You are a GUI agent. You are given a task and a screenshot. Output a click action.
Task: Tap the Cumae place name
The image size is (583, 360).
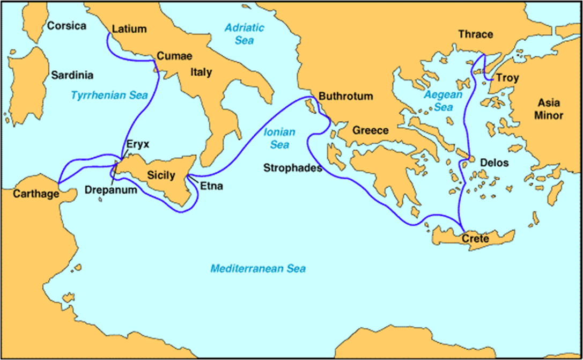[x=174, y=56]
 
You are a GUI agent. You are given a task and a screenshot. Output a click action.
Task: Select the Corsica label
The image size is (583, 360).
[x=67, y=26]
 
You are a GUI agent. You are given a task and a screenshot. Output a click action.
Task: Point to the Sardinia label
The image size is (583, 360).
[x=72, y=75]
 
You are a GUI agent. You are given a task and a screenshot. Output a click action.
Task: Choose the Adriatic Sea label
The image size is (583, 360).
[x=239, y=33]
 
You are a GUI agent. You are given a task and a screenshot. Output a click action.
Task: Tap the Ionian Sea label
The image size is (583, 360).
[x=276, y=138]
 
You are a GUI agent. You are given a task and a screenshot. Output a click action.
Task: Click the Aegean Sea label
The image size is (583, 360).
[x=438, y=101]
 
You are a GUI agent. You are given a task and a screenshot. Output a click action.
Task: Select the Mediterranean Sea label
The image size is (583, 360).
[x=257, y=268]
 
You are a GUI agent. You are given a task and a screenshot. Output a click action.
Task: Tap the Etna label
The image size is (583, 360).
[x=211, y=187]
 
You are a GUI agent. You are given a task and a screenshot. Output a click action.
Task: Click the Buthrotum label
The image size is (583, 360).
[x=345, y=97]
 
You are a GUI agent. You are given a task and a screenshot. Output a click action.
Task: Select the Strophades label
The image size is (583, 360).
[x=292, y=167]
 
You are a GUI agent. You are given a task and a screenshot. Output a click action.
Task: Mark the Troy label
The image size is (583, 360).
[x=507, y=78]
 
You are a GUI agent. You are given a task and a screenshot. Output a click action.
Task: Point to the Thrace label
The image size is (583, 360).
[x=475, y=34]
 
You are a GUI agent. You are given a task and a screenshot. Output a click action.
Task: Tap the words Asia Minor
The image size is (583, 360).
[x=550, y=110]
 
